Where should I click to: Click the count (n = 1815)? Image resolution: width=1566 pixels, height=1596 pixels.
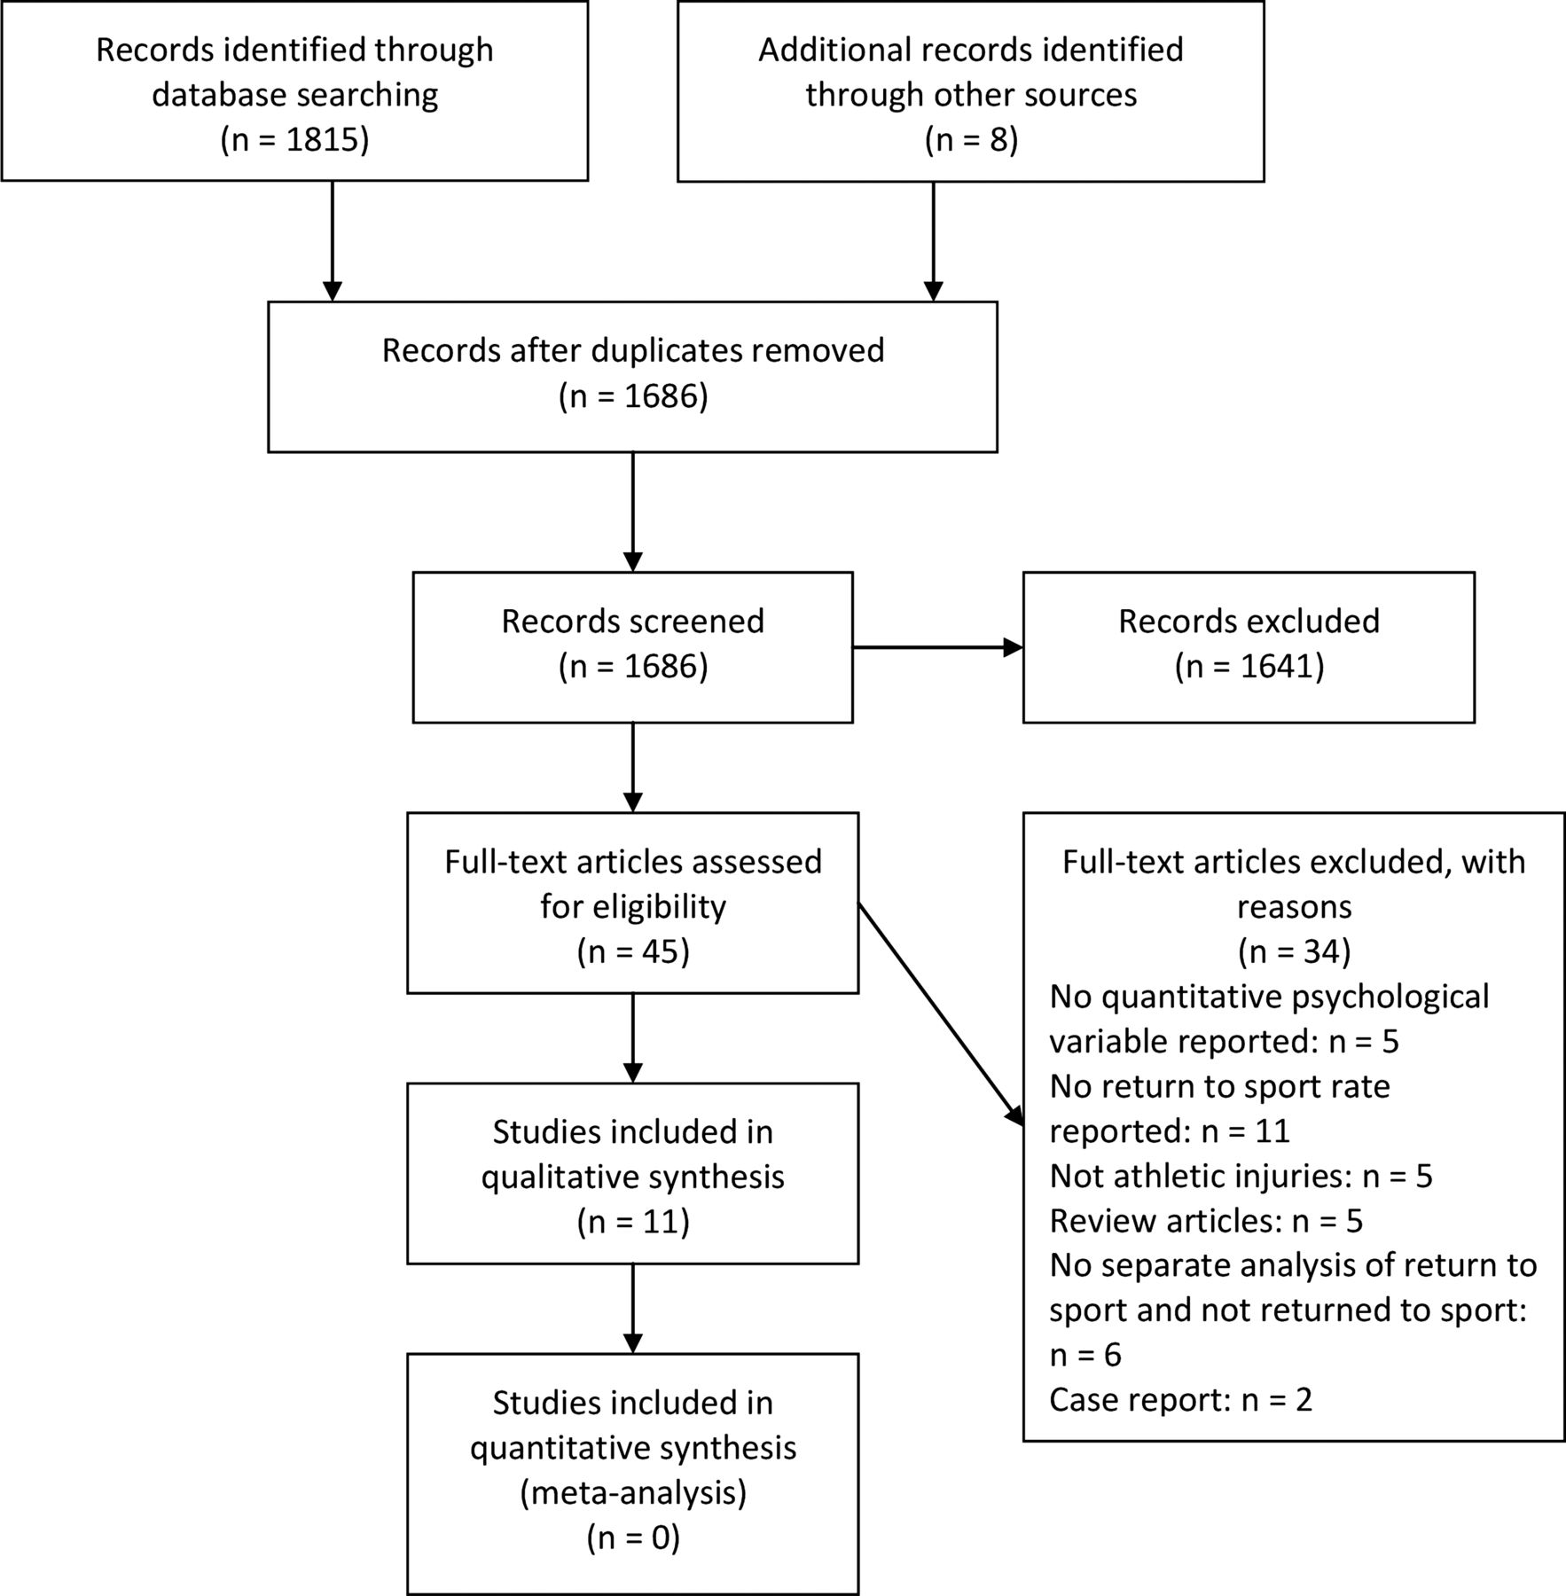294,140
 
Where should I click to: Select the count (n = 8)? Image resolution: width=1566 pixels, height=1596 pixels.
971,140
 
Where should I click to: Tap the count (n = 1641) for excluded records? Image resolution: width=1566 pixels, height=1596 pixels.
1249,667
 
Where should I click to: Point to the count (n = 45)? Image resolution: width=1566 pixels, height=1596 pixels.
633,951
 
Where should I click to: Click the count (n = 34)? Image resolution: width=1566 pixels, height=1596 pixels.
1294,951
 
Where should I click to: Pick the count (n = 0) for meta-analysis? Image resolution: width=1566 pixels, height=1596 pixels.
633,1538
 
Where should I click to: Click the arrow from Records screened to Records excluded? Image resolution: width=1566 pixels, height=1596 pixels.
937,648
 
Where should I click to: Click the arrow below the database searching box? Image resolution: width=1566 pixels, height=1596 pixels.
332,241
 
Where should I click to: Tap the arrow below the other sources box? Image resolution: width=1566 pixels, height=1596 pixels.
933,241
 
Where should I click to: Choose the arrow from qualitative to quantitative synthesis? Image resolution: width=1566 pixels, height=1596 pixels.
633,1309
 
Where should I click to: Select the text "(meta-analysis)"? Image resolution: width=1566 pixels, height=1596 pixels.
633,1493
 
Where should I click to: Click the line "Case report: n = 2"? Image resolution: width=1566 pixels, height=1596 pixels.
1180,1400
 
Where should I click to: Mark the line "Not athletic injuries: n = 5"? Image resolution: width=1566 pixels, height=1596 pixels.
1241,1176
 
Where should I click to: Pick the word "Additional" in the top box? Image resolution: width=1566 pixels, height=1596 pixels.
834,50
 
